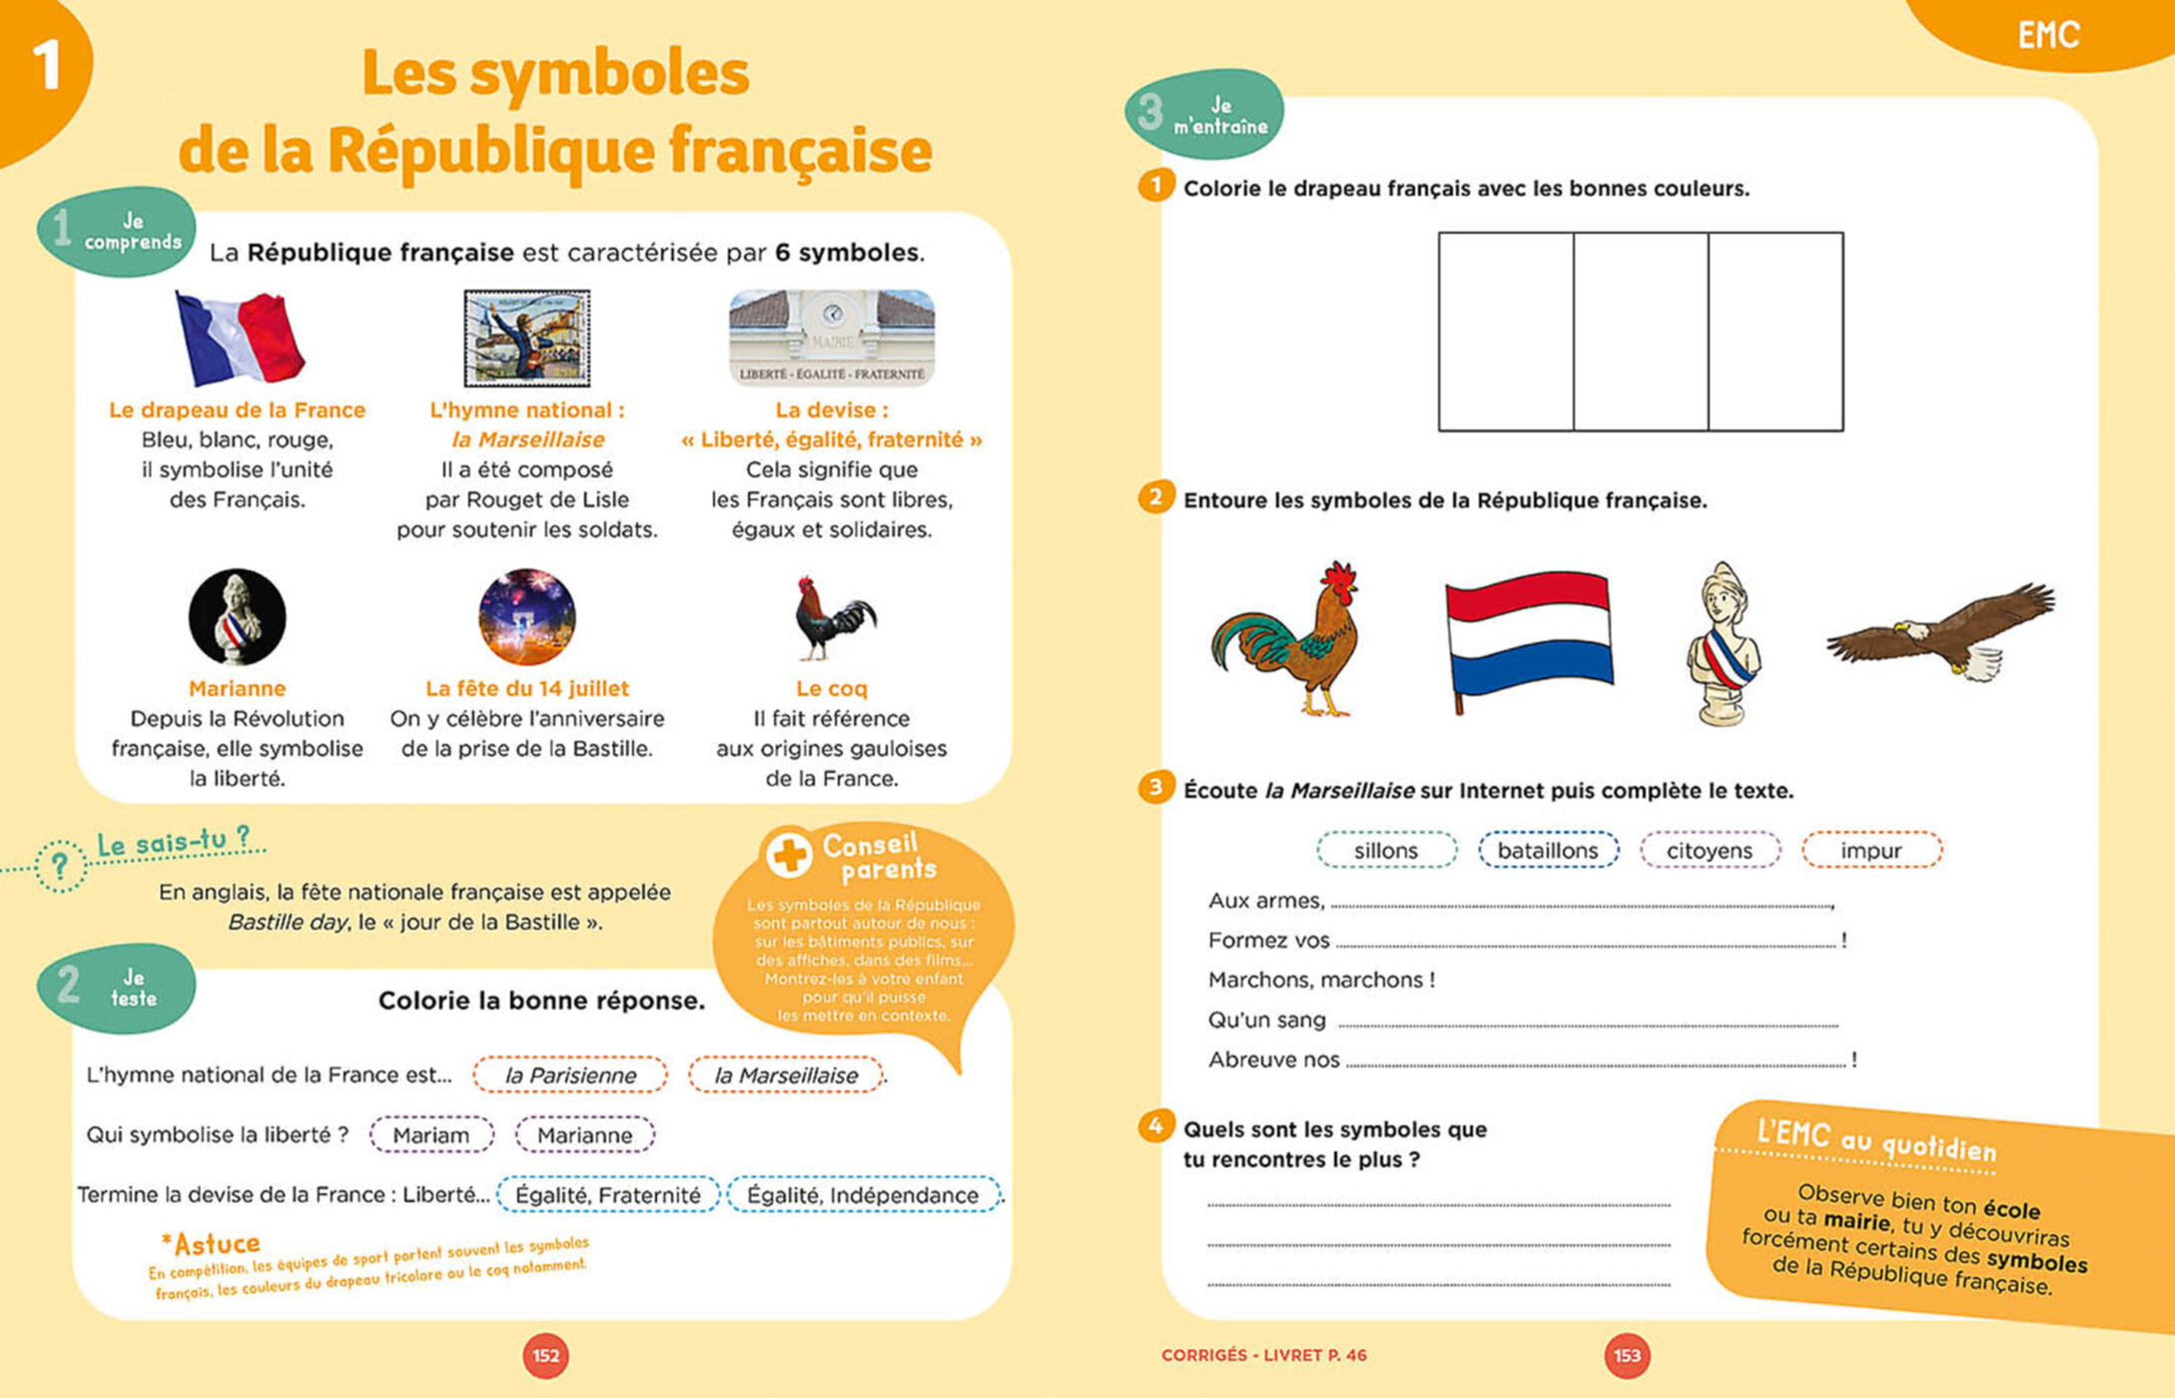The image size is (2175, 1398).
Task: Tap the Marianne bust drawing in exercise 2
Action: point(1724,644)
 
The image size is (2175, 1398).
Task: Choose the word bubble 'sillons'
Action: point(1386,851)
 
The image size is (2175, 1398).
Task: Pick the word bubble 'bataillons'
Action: point(1548,851)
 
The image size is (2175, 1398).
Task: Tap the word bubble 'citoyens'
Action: point(1710,851)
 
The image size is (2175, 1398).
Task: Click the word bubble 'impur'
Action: point(1871,851)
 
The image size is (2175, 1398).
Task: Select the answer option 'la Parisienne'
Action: point(570,1075)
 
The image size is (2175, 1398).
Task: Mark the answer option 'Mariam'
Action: point(431,1135)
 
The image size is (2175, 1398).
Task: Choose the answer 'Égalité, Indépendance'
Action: point(863,1195)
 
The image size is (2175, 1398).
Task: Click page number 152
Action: point(545,1356)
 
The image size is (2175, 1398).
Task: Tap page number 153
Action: point(1627,1356)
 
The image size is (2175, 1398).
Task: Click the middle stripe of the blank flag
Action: point(1641,332)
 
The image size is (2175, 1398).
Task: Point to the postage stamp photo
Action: point(527,339)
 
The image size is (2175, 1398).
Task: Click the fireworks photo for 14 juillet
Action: point(527,616)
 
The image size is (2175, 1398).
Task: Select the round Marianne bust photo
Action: point(238,616)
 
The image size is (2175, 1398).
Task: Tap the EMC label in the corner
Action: point(2048,36)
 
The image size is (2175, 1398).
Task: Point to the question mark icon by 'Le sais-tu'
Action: point(60,866)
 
